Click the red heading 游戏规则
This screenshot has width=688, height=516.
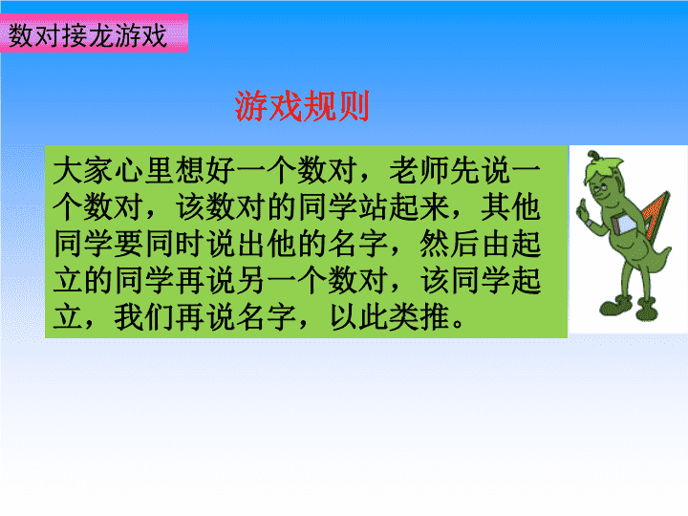click(x=302, y=106)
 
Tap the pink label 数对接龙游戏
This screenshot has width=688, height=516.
click(x=88, y=35)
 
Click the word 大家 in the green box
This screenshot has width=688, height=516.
click(x=82, y=170)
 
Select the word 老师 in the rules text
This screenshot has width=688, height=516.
click(x=419, y=170)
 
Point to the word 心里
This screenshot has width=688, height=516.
click(x=143, y=170)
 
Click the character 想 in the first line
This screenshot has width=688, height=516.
click(x=189, y=170)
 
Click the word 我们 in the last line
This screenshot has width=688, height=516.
click(x=144, y=317)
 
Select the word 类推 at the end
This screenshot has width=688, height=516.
click(x=419, y=317)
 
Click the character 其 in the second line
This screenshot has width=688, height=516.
click(x=495, y=206)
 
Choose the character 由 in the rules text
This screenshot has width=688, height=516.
click(x=495, y=244)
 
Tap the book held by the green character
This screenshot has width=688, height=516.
click(x=624, y=224)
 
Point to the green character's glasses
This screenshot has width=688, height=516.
click(x=602, y=188)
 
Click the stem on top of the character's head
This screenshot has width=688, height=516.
click(x=593, y=155)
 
